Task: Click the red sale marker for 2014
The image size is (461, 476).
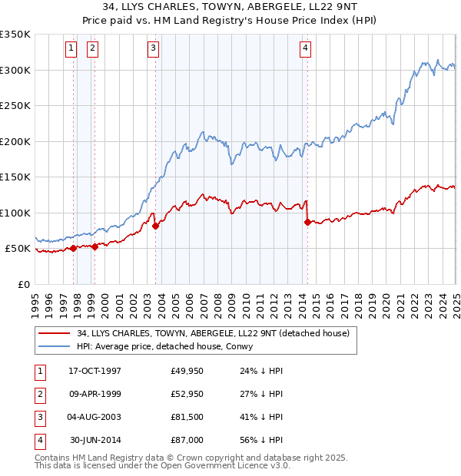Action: point(307,222)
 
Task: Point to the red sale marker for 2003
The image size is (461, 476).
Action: point(155,226)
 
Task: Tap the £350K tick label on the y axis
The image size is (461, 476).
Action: point(15,35)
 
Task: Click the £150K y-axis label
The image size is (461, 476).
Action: point(15,177)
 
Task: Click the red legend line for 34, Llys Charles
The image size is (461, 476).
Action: point(54,333)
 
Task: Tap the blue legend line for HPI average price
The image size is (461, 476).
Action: point(54,346)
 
